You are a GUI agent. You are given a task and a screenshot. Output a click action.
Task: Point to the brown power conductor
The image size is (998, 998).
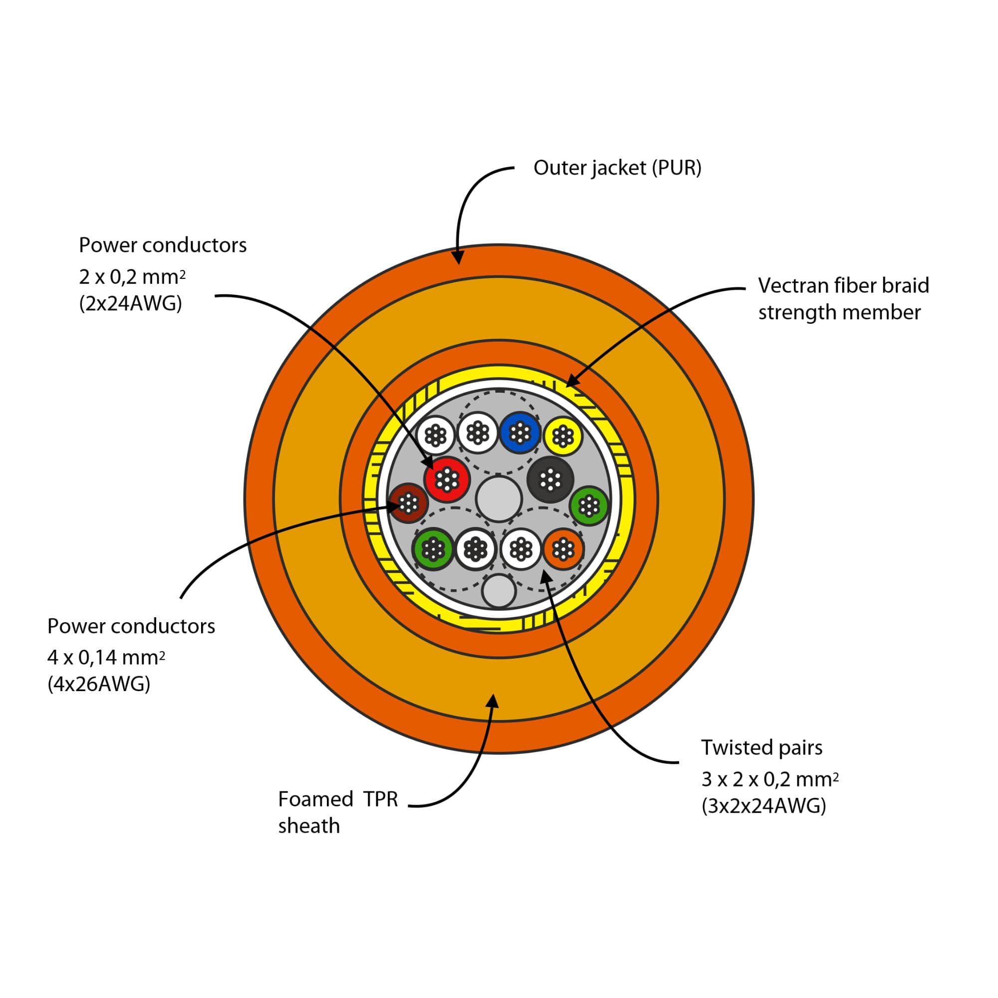pos(409,502)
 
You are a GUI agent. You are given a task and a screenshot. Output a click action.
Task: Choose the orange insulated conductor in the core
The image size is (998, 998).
pos(563,548)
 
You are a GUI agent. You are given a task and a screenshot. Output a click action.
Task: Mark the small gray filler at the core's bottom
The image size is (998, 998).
pos(499,591)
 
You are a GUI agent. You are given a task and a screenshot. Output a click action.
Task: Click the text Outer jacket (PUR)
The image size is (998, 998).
pos(617,168)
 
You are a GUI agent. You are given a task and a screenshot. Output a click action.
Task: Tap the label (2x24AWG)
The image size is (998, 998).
pos(131,303)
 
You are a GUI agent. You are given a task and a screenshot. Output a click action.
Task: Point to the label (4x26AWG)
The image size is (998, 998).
pos(99,684)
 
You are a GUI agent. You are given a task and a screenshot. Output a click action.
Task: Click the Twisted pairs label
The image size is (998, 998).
pos(761,748)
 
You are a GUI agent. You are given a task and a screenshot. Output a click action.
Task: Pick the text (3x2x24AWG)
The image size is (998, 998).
pos(763,805)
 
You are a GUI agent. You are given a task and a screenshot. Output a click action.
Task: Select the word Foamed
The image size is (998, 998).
pos(315,799)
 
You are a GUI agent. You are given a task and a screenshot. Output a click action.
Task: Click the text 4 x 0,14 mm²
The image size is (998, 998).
pos(106,657)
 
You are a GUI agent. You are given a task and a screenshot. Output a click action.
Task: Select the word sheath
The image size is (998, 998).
pos(309,826)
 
